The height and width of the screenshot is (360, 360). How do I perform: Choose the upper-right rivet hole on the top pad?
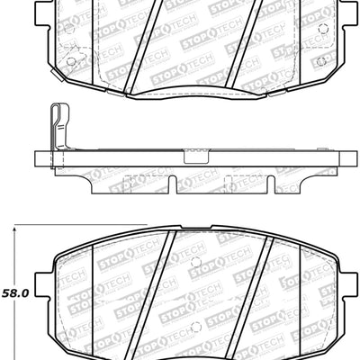coord(320,24)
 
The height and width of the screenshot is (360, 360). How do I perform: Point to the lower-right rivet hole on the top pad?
coord(320,60)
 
